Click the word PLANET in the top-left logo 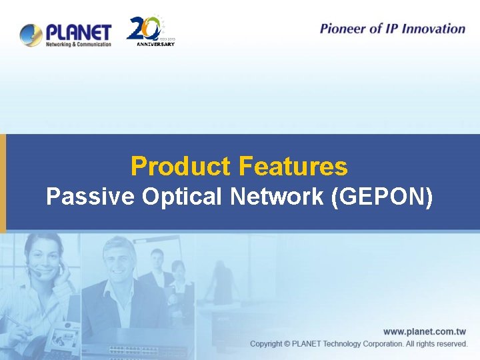point(79,31)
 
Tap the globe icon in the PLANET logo point(31,35)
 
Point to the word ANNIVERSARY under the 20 point(155,44)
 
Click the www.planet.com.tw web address point(424,331)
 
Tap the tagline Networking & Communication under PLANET point(79,45)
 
